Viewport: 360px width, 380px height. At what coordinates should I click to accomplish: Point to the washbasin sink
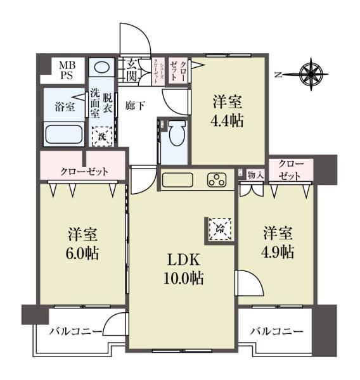(101, 67)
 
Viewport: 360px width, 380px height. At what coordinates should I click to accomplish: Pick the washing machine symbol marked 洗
(101, 135)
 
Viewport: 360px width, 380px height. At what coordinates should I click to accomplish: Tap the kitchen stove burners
(216, 180)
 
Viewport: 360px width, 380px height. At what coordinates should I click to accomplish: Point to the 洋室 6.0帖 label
(82, 244)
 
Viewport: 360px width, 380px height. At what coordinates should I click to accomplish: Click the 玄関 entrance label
(131, 69)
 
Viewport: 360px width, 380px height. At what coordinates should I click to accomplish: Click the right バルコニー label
(275, 331)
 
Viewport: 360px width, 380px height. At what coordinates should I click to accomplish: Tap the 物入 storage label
(255, 174)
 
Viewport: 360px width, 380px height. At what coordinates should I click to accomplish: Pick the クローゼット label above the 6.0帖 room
(84, 171)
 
